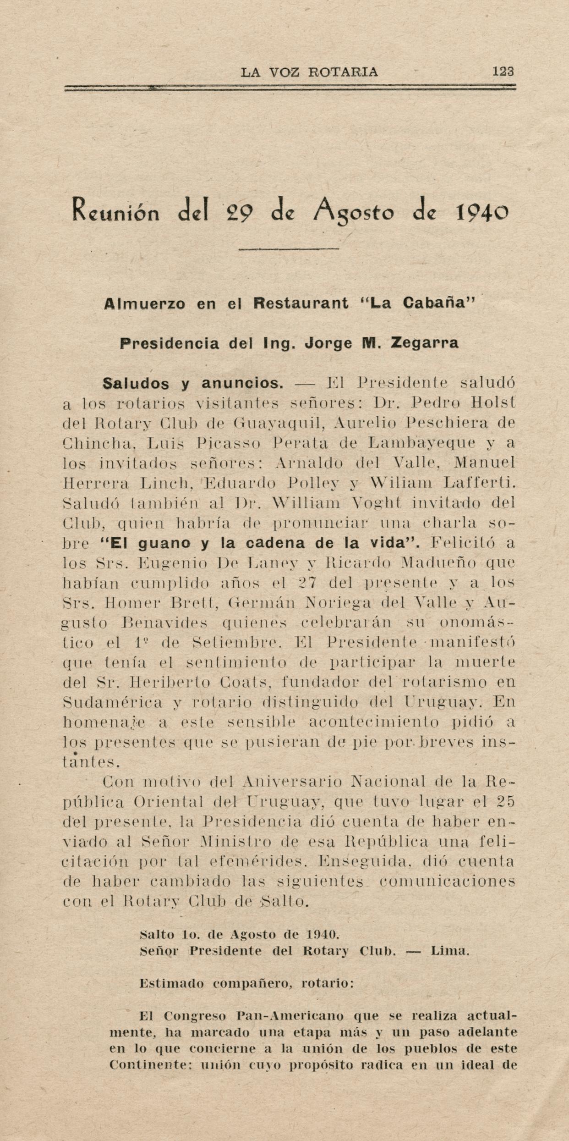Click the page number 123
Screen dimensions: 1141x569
[503, 72]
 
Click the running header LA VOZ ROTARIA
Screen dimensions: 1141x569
[309, 72]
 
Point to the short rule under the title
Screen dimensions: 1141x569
[289, 249]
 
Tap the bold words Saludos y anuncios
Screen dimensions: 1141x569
[193, 383]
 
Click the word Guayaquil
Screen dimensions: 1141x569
[279, 423]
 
